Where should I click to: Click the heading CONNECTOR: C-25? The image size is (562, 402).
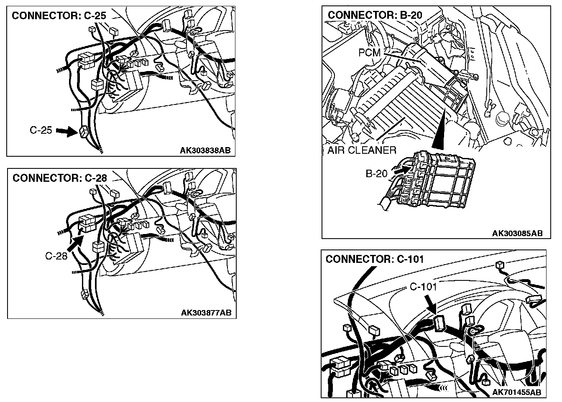(59, 16)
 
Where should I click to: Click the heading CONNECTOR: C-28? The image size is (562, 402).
(60, 178)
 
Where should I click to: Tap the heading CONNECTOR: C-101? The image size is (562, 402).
(375, 259)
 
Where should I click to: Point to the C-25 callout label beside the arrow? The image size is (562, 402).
(41, 130)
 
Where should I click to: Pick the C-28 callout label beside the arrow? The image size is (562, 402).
(56, 256)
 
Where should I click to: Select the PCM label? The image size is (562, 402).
(369, 53)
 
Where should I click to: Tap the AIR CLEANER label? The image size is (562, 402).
(362, 150)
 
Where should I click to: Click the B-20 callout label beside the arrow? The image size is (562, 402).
(377, 173)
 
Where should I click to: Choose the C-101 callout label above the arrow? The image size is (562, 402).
(423, 287)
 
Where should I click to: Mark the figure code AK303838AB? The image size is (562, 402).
(205, 150)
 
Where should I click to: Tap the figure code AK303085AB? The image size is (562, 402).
(517, 233)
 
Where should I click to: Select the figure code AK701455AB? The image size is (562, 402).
(516, 392)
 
